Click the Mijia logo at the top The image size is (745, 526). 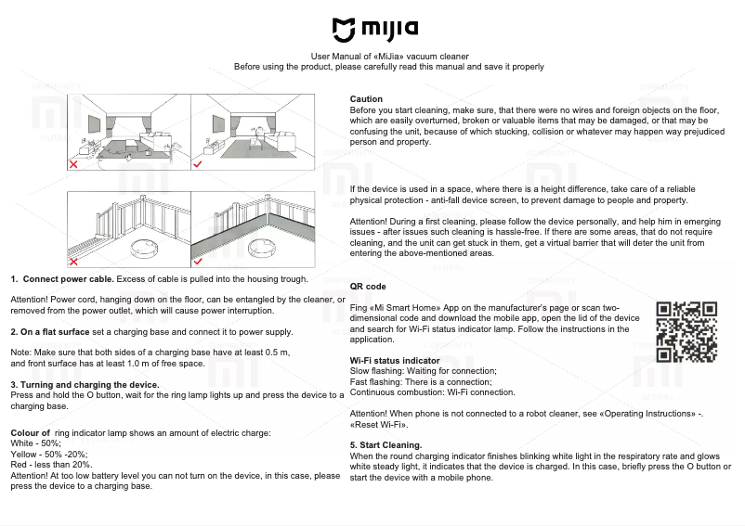coord(374,32)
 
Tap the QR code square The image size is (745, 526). coord(686,331)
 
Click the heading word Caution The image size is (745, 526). coord(366,99)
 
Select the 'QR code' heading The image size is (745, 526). coord(368,287)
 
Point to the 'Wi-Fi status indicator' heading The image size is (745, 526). coord(395,360)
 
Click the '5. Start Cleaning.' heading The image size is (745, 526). coord(386,445)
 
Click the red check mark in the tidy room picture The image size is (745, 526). coord(198,163)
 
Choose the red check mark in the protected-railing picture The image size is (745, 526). coord(198,261)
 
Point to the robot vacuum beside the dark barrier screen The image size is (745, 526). coord(268,246)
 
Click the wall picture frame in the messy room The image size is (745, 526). coord(93,122)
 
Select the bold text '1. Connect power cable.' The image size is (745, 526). coord(62,278)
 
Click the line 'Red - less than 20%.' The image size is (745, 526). coord(51,465)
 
